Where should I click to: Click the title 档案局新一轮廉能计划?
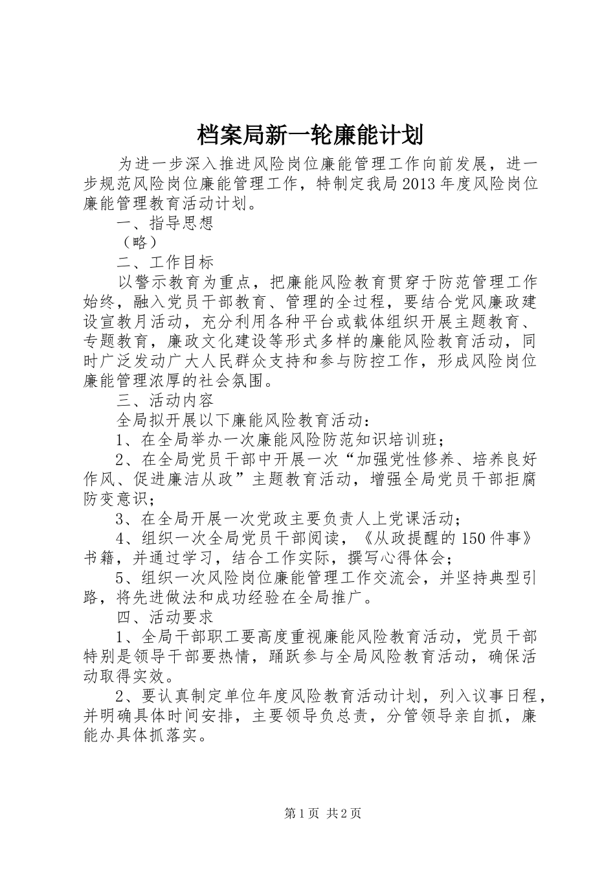pyautogui.click(x=309, y=135)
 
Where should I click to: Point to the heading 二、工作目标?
pyautogui.click(x=165, y=262)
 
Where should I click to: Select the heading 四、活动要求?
pyautogui.click(x=165, y=616)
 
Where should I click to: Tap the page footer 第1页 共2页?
pyautogui.click(x=322, y=814)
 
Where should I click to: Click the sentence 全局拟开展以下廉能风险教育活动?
pyautogui.click(x=240, y=421)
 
